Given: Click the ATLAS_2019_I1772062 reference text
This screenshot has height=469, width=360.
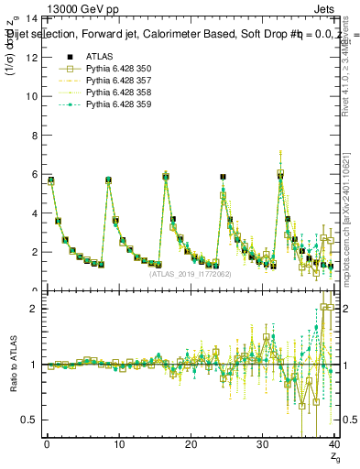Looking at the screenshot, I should pos(189,273).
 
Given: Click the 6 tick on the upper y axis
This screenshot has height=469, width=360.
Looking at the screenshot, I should pos(35,174).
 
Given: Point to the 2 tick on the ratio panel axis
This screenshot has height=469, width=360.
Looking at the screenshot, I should pos(35,309).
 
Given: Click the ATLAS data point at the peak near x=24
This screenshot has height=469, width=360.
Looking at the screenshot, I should pos(223,177).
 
